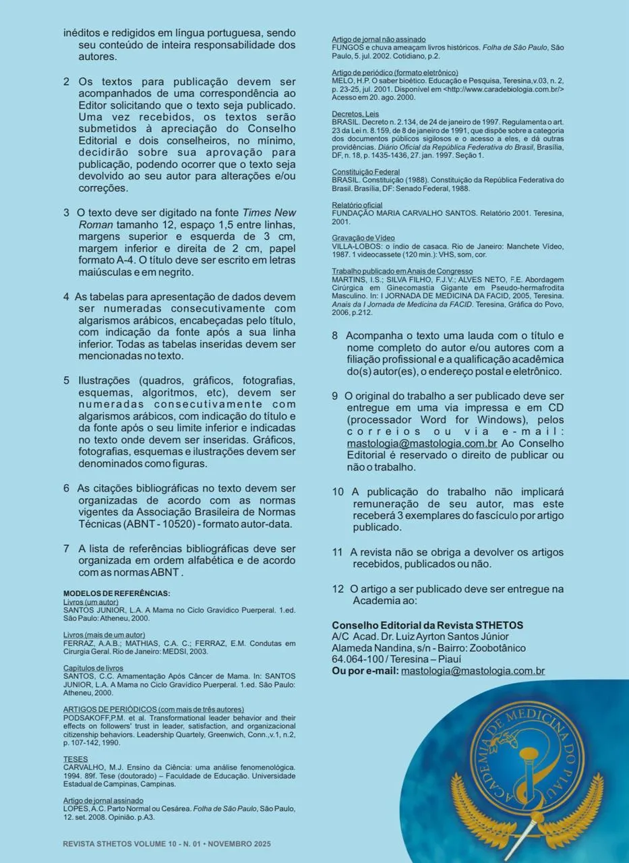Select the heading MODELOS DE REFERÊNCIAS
[x=117, y=593]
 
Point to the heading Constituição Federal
[x=365, y=173]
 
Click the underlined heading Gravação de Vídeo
[x=363, y=238]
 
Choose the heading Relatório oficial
[x=357, y=205]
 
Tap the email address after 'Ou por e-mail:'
[x=473, y=671]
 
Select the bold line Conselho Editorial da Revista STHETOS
[x=427, y=625]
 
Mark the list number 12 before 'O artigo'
[x=338, y=589]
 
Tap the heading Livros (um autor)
[x=90, y=601]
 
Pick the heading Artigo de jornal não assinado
[x=378, y=40]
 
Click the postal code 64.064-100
[x=357, y=659]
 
